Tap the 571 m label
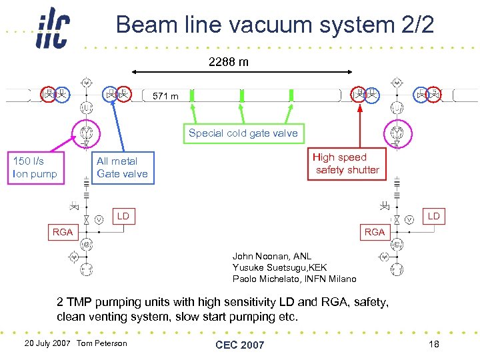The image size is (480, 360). pyautogui.click(x=165, y=97)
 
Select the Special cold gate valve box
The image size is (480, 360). pyautogui.click(x=243, y=133)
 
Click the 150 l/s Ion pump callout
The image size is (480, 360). pyautogui.click(x=35, y=167)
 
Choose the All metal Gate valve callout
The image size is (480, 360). pyautogui.click(x=121, y=167)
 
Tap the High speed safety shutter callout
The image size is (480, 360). pyautogui.click(x=347, y=164)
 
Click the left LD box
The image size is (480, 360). pyautogui.click(x=123, y=216)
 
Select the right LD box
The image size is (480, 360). pyautogui.click(x=433, y=216)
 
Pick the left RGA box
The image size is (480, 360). pyautogui.click(x=63, y=232)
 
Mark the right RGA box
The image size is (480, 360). pyautogui.click(x=375, y=232)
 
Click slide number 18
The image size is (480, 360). pyautogui.click(x=433, y=343)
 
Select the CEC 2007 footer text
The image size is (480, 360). pyautogui.click(x=239, y=345)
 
